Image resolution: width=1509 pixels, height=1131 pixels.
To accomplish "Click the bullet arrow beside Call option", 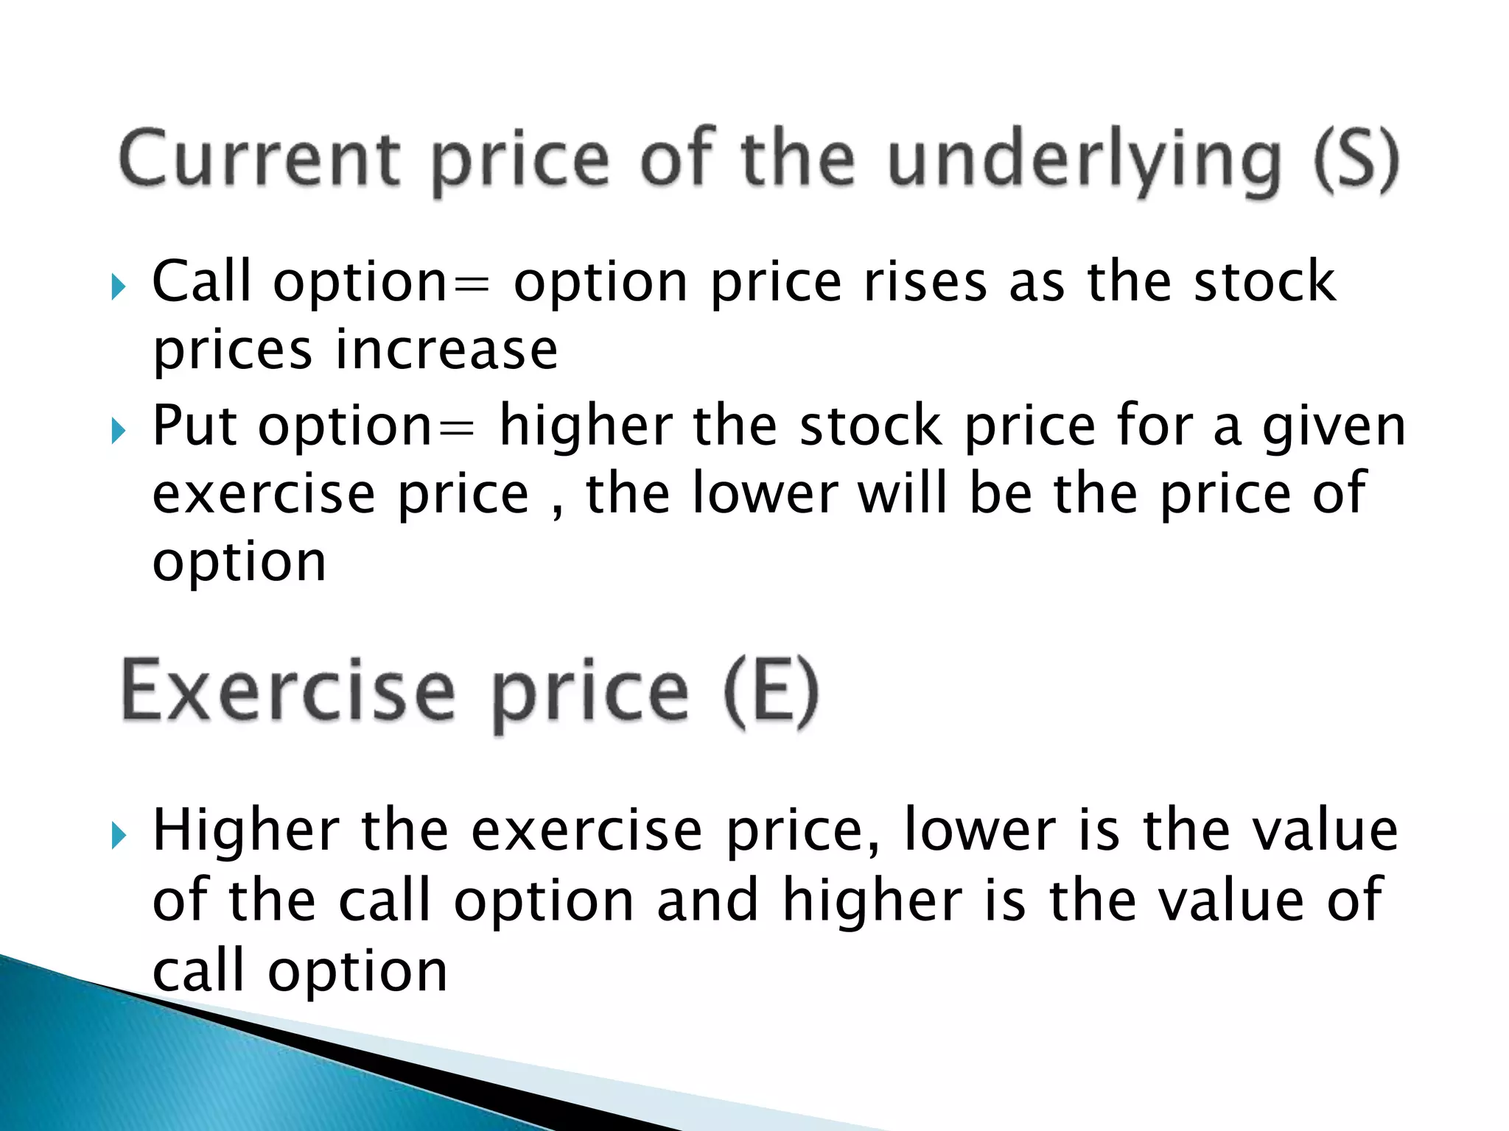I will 119,287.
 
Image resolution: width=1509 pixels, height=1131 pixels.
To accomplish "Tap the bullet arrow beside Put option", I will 119,431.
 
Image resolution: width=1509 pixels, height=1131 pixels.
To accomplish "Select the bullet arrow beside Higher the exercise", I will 119,836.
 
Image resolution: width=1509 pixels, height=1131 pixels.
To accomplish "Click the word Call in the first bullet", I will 201,281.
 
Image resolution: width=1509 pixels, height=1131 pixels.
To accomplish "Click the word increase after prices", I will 447,350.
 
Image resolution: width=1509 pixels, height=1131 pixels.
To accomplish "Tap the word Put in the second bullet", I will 195,426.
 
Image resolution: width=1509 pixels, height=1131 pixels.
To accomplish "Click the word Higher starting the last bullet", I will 246,831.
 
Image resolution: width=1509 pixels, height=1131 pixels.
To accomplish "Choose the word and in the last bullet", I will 707,900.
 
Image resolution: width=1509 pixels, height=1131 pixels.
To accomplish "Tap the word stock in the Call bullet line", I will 1264,281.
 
